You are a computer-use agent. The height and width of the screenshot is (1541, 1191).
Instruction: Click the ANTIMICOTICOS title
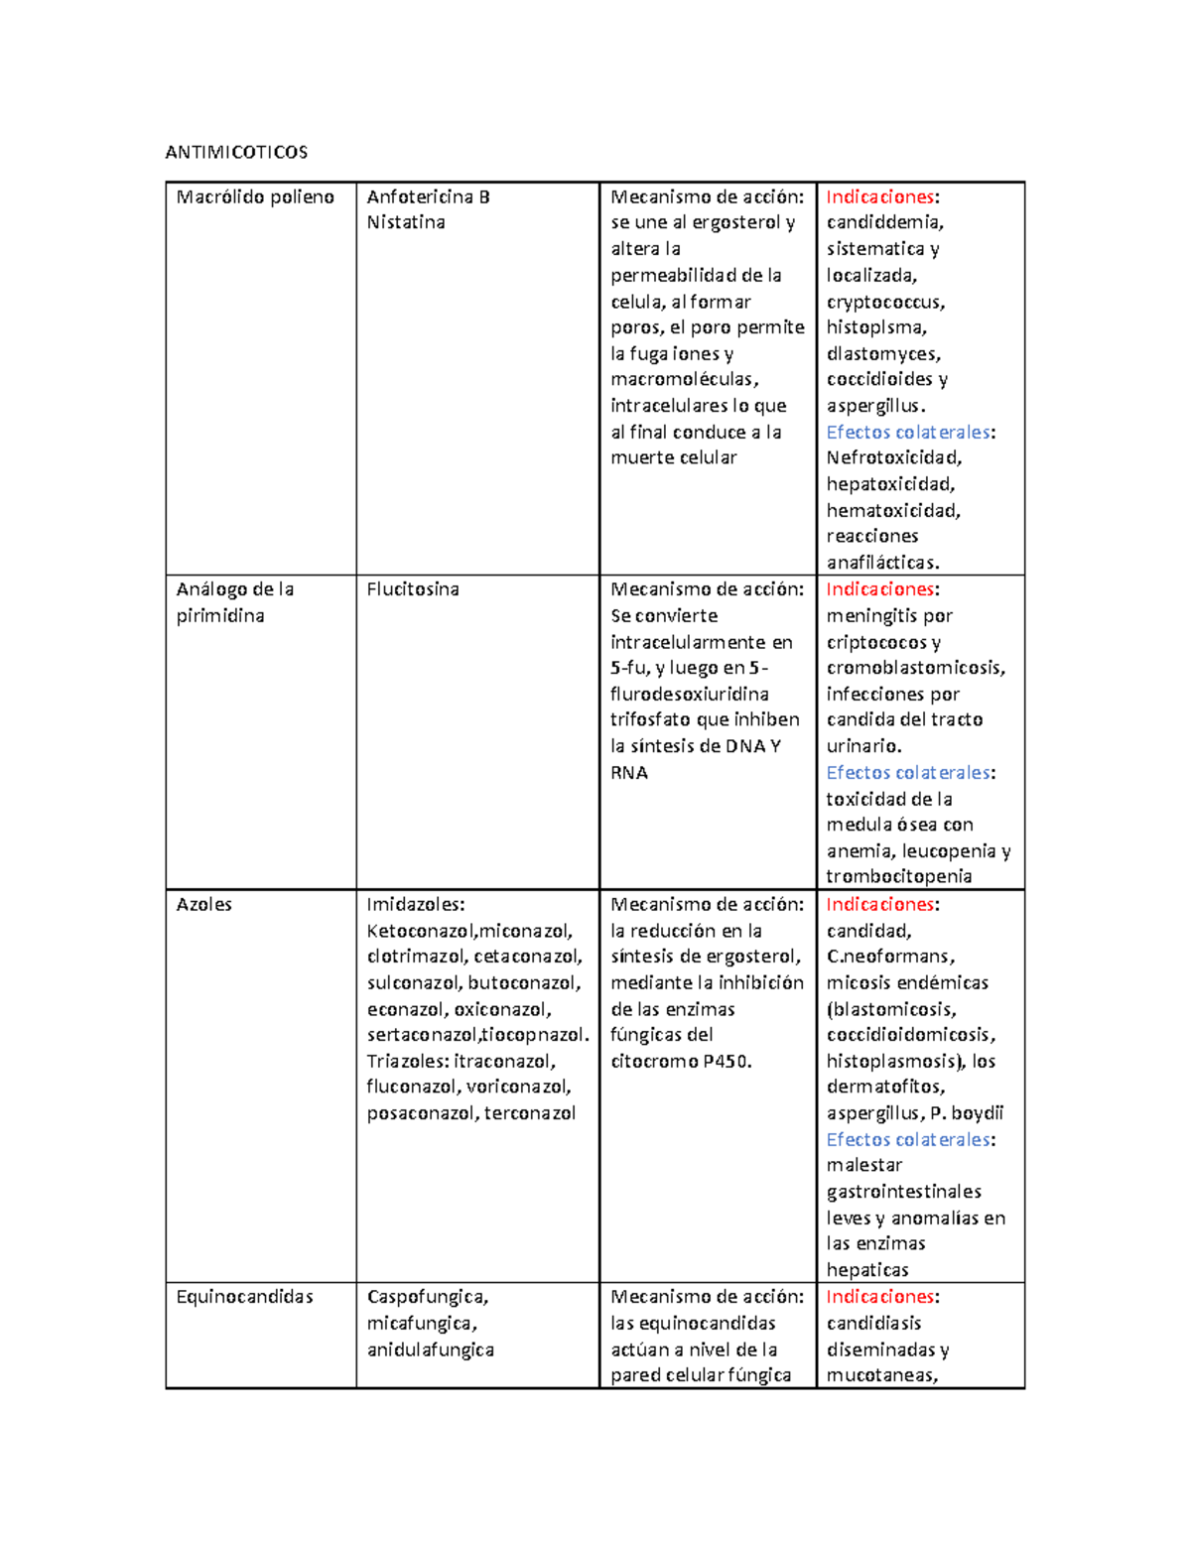[236, 152]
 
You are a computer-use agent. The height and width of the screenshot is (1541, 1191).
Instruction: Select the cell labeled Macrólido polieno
[255, 196]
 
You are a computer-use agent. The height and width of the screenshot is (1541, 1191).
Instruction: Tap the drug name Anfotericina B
[428, 196]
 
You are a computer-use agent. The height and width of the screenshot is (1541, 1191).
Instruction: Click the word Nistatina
[406, 222]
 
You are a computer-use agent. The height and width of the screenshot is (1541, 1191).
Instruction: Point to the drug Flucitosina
[413, 589]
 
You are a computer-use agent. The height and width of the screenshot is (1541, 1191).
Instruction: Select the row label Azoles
[204, 904]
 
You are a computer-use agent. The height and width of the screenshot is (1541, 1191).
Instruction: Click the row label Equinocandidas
[244, 1297]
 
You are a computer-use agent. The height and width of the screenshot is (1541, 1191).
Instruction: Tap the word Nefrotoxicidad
[893, 457]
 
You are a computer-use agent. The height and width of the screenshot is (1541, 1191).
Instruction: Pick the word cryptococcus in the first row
[884, 302]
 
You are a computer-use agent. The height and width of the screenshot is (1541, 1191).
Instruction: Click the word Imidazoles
[414, 904]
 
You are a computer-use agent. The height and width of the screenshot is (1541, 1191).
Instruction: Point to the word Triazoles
[407, 1061]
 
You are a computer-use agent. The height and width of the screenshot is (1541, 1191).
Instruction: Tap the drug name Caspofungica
[427, 1297]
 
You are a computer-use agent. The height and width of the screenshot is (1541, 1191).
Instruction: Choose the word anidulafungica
[430, 1349]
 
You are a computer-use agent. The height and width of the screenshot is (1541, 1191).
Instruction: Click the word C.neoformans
[889, 957]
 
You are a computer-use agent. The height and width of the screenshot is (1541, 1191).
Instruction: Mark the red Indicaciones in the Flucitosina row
[880, 589]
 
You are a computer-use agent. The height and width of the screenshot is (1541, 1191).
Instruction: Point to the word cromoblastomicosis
[914, 668]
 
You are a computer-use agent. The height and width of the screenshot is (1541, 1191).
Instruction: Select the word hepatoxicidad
[889, 484]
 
